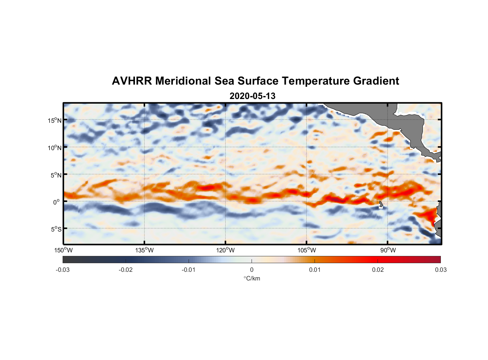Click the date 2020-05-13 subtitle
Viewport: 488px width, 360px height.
click(252, 96)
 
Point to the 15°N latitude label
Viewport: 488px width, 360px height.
click(55, 121)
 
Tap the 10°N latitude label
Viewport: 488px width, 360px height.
click(55, 148)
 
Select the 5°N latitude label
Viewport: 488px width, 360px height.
click(56, 175)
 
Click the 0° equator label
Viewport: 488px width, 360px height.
click(57, 202)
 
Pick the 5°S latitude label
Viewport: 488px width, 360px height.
click(56, 229)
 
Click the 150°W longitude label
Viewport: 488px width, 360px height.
click(63, 250)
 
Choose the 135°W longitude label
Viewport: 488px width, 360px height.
click(144, 250)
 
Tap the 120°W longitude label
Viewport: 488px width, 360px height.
click(226, 250)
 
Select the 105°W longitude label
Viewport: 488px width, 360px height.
click(307, 250)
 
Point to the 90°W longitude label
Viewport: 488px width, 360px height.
click(388, 250)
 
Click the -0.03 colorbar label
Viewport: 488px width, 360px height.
click(63, 270)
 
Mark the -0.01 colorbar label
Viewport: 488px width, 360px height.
click(189, 270)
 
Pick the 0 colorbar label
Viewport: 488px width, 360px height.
click(252, 270)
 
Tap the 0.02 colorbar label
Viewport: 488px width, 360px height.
click(378, 270)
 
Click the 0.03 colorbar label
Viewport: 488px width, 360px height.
click(440, 270)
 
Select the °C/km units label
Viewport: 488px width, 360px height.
click(252, 278)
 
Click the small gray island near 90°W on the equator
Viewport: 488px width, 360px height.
click(381, 204)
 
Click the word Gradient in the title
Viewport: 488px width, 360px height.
click(376, 81)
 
